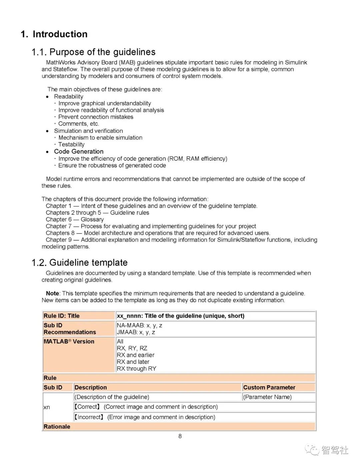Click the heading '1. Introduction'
pos(54,34)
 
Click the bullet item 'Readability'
pos(69,96)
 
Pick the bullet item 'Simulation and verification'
pos(88,131)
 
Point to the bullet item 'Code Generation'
pos(79,151)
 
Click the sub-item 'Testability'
pos(71,144)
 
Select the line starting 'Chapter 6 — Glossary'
pos(75,219)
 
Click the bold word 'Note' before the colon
pos(52,293)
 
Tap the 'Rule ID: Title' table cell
pos(62,316)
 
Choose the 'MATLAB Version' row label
pos(69,342)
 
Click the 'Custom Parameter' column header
pos(269,387)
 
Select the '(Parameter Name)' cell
pos(267,397)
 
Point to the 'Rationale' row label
pos(57,427)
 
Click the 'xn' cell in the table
pos(47,407)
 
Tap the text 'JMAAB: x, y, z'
pos(136,332)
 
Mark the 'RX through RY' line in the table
pos(136,369)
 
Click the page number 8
pos(180,436)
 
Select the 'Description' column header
pos(91,387)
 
